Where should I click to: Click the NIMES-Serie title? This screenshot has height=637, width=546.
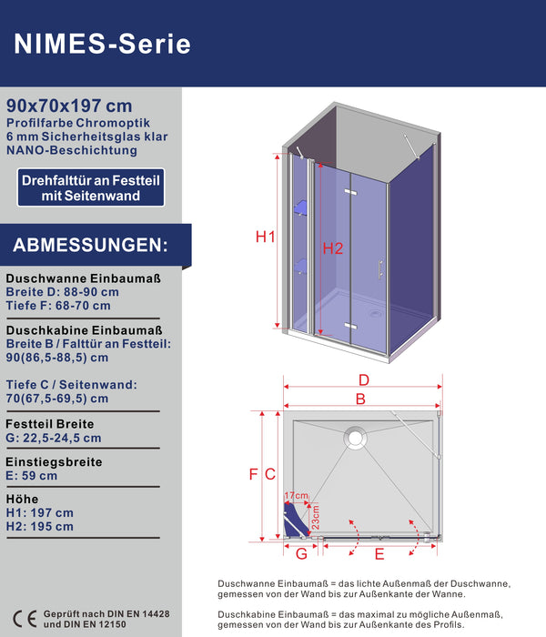pos(103,43)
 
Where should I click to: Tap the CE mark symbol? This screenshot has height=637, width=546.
pos(23,620)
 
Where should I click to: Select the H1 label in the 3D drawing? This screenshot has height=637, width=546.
pos(265,238)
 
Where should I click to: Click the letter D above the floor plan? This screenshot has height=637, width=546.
pos(363,379)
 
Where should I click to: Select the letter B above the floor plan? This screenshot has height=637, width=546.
pos(360,399)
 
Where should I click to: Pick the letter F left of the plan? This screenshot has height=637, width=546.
pos(254,474)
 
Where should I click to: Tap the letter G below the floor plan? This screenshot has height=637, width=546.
pos(301,552)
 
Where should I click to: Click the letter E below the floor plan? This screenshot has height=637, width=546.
pos(379,552)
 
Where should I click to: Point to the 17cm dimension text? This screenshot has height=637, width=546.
pos(297,497)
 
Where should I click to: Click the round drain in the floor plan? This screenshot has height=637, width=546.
pos(353,438)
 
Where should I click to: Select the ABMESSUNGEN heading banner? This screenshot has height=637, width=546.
pos(91,246)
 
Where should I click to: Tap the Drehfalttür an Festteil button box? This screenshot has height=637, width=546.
pos(93,188)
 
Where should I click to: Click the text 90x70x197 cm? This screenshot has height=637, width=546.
pos(68,106)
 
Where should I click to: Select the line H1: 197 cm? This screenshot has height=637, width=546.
pos(39,512)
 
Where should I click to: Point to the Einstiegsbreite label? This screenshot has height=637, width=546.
pos(54,461)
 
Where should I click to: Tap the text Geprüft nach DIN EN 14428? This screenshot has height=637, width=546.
pos(106,615)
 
